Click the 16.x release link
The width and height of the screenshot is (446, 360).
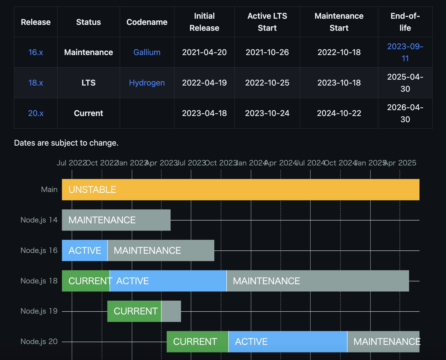click(x=36, y=52)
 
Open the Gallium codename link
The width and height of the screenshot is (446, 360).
click(x=147, y=52)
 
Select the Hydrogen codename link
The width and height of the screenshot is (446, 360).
click(x=147, y=83)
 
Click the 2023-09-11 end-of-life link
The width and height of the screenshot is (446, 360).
click(x=405, y=52)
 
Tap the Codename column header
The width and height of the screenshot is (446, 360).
click(x=147, y=22)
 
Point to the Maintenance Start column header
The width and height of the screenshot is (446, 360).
click(x=339, y=22)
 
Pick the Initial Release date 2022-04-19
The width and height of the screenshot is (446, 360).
click(x=204, y=83)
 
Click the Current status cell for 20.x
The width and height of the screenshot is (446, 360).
click(x=88, y=113)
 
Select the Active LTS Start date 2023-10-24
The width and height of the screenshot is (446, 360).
click(x=267, y=113)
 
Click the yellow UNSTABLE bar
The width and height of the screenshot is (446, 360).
click(x=241, y=190)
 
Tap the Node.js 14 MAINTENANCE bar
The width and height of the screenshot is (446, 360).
click(x=116, y=220)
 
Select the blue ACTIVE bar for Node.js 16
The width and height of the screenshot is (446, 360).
click(x=84, y=250)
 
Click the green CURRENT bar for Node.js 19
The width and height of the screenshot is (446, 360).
click(x=134, y=311)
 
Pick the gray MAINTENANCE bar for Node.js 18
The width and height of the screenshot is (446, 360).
click(x=318, y=281)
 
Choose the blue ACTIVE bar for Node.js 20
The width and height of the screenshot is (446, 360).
click(x=288, y=342)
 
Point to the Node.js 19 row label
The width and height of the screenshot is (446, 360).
click(x=39, y=311)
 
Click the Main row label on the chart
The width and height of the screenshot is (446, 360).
click(x=49, y=190)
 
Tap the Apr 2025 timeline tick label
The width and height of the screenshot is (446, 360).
click(x=400, y=163)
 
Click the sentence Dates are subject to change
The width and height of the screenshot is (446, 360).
click(x=66, y=143)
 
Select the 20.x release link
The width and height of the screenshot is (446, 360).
click(x=36, y=113)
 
